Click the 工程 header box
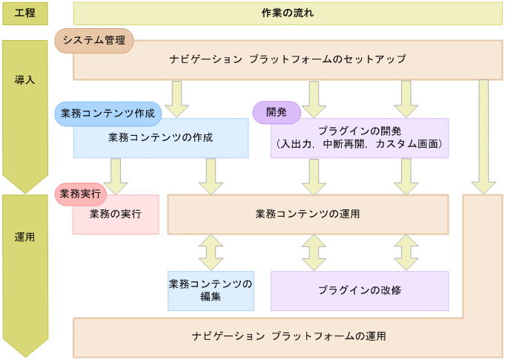[x=24, y=13]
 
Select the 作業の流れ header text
[x=288, y=13]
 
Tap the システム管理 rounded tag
[x=94, y=40]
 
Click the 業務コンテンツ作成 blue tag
[x=108, y=114]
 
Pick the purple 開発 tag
[x=276, y=112]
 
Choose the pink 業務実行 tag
[x=80, y=194]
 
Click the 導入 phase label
[x=24, y=79]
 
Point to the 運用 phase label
[x=24, y=238]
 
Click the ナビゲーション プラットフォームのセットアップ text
[x=287, y=59]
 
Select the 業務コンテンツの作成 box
[x=160, y=138]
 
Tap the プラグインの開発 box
[x=360, y=138]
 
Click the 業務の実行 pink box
[x=115, y=215]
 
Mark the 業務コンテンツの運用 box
[x=308, y=215]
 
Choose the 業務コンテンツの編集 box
[x=211, y=290]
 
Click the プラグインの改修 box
[x=360, y=290]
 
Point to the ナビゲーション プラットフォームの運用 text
[x=288, y=336]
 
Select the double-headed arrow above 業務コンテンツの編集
[x=211, y=252]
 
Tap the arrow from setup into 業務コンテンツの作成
[x=177, y=99]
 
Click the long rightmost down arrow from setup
[x=483, y=137]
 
